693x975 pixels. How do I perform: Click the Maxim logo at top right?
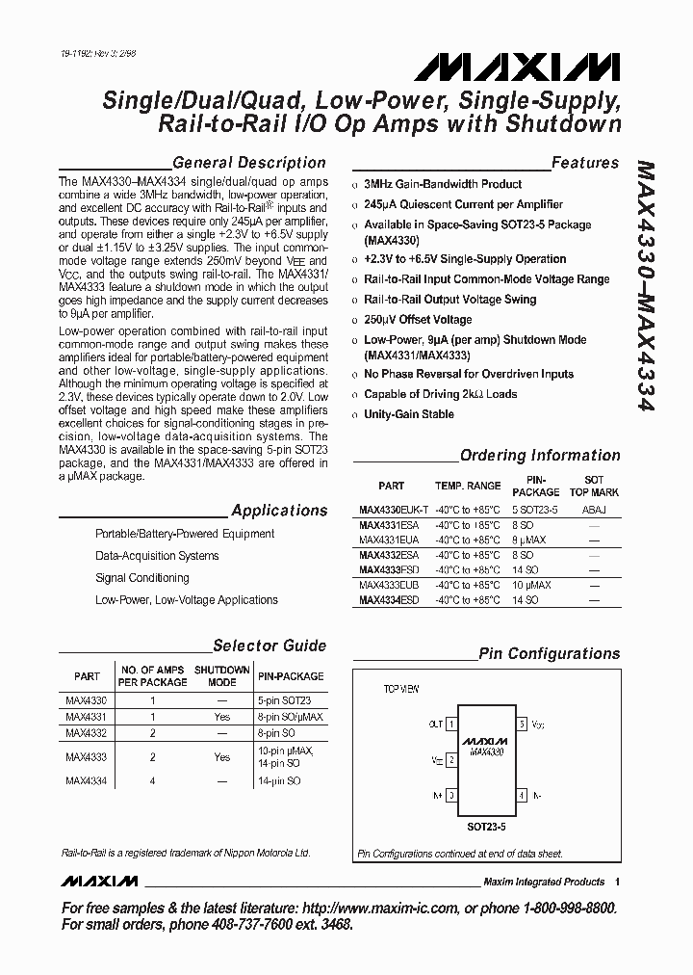(x=519, y=66)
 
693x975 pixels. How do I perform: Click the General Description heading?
(x=248, y=163)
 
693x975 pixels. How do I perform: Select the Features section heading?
(x=584, y=163)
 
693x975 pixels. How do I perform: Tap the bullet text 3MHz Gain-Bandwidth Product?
(x=443, y=184)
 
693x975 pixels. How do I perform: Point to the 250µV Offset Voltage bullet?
(x=418, y=320)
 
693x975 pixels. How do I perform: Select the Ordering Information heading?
(x=540, y=456)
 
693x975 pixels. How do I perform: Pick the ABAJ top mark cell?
(x=594, y=509)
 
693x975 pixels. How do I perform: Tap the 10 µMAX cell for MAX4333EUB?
(x=530, y=585)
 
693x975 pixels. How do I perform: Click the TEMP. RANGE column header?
(x=468, y=487)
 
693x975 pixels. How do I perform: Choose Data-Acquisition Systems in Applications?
(x=157, y=556)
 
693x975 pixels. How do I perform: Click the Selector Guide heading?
(x=269, y=646)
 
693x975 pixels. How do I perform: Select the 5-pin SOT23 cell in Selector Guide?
(x=285, y=700)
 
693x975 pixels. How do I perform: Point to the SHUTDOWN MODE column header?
(x=222, y=675)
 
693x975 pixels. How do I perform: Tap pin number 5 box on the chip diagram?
(x=522, y=723)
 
